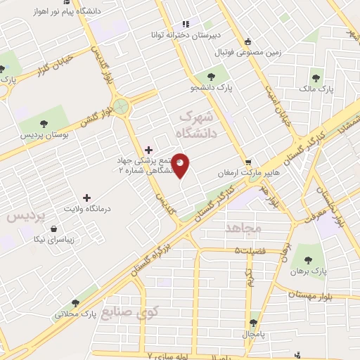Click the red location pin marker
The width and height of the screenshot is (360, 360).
tap(181, 165)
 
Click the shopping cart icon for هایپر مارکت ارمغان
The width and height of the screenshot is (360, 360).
tap(247, 162)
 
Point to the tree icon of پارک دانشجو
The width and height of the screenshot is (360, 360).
tap(211, 77)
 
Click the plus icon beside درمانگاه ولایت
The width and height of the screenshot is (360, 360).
tap(86, 198)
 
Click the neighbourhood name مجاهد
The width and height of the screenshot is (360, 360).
tap(243, 228)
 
